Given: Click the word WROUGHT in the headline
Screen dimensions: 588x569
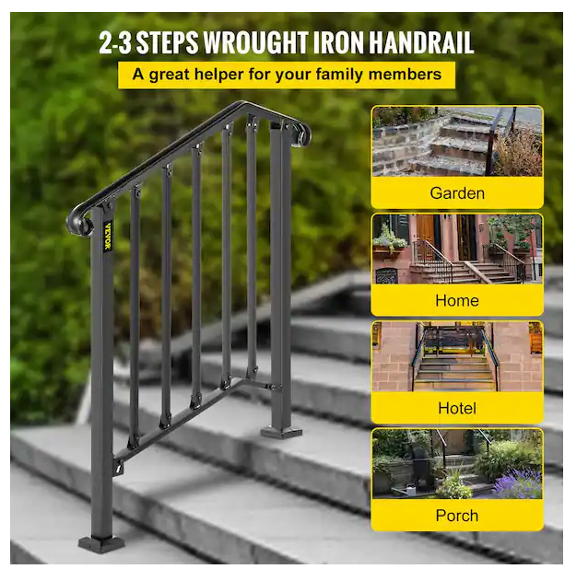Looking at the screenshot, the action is pos(255,42).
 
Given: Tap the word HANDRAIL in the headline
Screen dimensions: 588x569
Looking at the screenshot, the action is pos(421,42).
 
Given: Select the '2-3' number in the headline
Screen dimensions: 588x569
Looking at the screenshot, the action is pos(115,42).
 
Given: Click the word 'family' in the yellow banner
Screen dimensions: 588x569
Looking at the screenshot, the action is pos(339,75).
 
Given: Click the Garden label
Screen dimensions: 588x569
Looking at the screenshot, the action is pos(457,193).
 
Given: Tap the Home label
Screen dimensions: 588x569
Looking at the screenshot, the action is pos(457,300).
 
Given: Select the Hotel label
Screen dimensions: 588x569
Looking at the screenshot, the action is pos(457,408).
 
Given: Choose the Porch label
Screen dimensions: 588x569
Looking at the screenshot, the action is pos(457,516).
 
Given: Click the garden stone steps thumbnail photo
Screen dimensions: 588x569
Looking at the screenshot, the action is pos(457,142).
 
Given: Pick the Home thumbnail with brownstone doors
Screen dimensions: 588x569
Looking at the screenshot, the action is pos(457,249).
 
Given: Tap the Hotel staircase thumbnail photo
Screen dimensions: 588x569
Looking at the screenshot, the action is pos(457,356).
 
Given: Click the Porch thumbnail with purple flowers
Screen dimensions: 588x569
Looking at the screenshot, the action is pos(457,464).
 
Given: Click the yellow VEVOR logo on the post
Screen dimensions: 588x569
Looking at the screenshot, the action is pos(108,236).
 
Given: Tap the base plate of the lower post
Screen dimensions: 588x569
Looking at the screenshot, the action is pos(101,543).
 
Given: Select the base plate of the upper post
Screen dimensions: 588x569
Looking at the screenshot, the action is pos(281,432).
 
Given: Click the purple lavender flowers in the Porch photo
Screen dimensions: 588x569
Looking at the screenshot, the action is pos(520,483).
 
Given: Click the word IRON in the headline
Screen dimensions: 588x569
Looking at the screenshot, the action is pos(338,42).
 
